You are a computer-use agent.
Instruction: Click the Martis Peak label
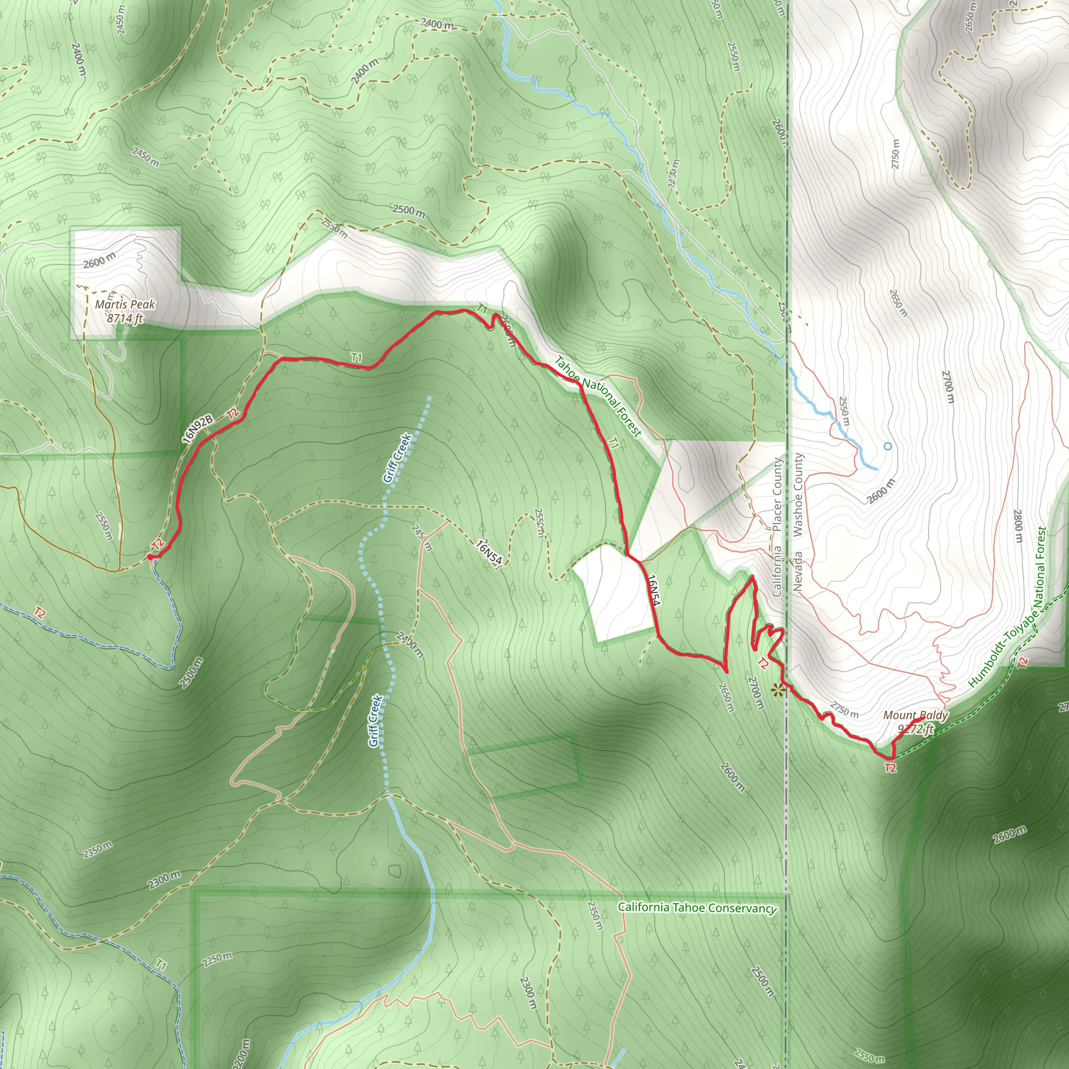[125, 304]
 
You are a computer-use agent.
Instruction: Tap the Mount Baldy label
[916, 716]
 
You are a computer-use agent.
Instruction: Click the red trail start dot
[150, 556]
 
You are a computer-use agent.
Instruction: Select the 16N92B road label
[197, 429]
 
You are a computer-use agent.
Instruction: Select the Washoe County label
[798, 495]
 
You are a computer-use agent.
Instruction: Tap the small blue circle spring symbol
[887, 446]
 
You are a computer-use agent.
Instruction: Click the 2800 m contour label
[1017, 526]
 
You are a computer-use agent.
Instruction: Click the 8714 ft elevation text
[125, 318]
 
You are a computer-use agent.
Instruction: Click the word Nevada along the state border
[798, 572]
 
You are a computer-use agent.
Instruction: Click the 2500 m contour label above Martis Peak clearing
[409, 210]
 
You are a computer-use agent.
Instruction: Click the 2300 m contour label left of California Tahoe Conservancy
[164, 880]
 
